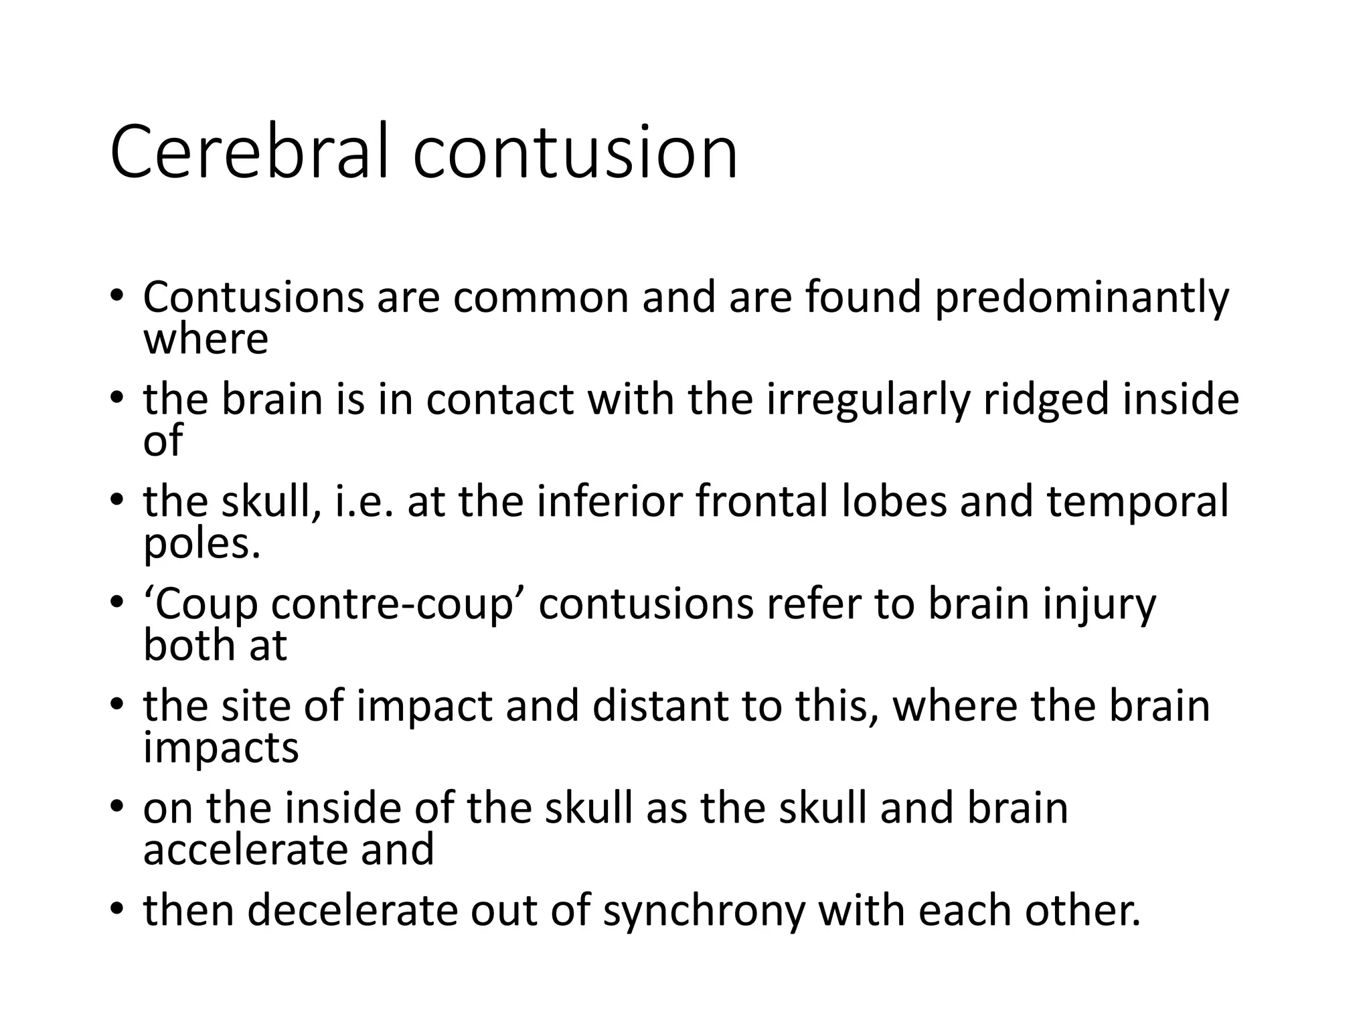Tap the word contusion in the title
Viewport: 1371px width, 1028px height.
(575, 153)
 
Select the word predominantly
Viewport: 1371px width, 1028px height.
(1082, 298)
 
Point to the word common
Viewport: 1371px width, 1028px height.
(541, 298)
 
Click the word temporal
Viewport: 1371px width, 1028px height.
(1138, 503)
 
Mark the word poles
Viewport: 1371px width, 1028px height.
(201, 543)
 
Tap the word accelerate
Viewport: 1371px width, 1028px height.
(246, 850)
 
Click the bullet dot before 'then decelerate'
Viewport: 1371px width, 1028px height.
(118, 910)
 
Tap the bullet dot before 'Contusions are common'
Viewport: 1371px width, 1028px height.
(118, 296)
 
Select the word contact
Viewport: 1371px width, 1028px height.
(499, 400)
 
